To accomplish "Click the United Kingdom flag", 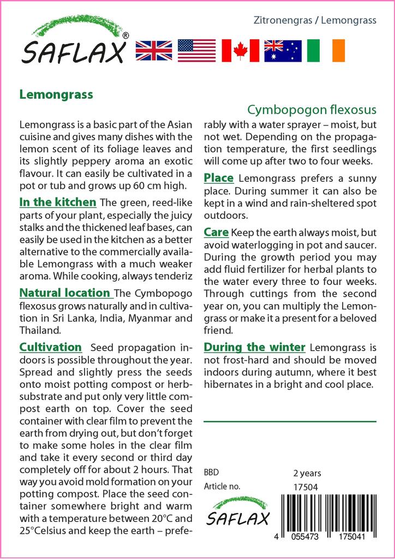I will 154,50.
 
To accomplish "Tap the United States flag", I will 196,50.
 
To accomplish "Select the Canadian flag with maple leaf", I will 240,50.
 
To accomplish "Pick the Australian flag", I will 283,50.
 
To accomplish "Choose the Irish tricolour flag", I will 326,50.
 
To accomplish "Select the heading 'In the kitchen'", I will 58,203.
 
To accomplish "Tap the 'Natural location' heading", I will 65,293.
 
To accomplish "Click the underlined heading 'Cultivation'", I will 50,347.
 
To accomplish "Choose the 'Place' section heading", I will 219,178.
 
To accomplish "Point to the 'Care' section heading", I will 216,233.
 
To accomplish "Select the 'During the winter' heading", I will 254,347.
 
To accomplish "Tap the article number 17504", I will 306,487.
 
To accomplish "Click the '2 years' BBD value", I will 307,473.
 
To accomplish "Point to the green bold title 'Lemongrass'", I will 56,94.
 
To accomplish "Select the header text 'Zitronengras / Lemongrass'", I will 315,21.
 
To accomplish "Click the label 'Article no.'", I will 222,486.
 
